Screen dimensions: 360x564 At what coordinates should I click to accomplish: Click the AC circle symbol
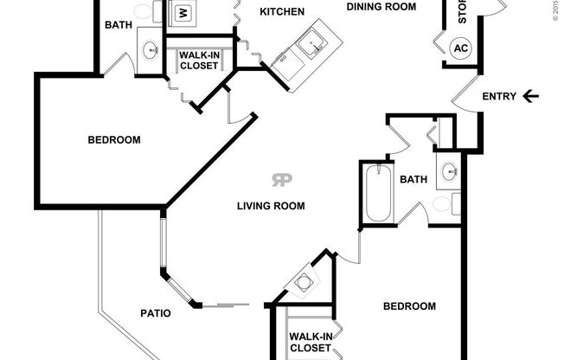pos(461,47)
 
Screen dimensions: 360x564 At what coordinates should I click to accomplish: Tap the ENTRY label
pos(499,96)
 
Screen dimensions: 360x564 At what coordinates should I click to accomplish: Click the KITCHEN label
pos(282,11)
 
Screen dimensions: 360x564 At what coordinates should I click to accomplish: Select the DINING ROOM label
pos(381,6)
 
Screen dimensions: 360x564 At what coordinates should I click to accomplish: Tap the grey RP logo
pos(282,180)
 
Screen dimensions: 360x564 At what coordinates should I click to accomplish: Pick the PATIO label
pos(155,312)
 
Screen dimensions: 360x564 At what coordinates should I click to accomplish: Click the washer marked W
pos(183,13)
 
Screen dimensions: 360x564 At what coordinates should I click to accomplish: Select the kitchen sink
pos(308,39)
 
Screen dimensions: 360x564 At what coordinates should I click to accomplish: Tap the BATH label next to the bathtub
pos(413,180)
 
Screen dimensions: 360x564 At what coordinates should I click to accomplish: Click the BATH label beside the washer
pos(119,25)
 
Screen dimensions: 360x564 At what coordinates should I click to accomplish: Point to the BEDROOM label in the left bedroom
pos(114,139)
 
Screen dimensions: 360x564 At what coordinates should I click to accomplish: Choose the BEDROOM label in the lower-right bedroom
pos(409,305)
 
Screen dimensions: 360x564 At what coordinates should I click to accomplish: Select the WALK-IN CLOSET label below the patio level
pos(310,341)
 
